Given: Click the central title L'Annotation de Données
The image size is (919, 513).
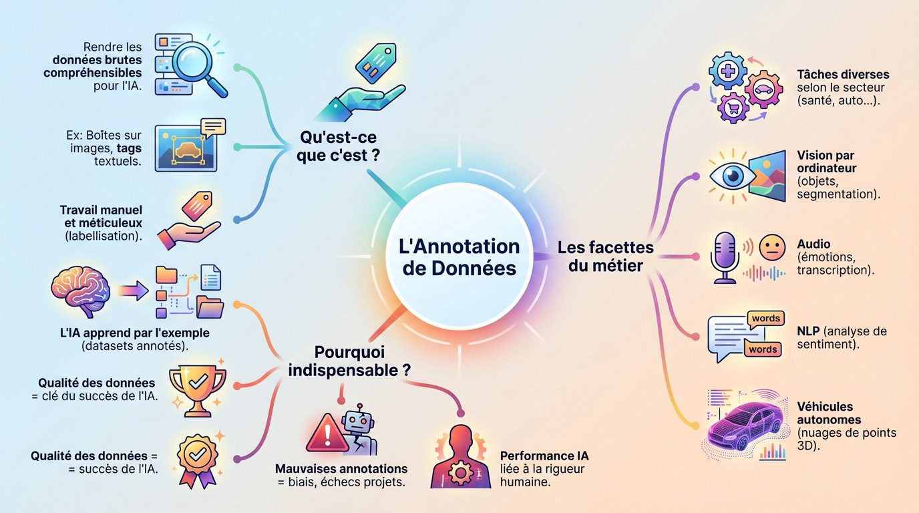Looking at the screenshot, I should pos(459,256).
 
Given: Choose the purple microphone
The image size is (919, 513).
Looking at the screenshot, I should pos(725,256).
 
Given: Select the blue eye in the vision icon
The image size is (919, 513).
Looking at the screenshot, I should pos(733,176).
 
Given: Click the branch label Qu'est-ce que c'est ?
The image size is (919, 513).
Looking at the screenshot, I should pos(338,146).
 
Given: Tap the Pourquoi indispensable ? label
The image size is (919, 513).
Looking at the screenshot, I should pos(349,361).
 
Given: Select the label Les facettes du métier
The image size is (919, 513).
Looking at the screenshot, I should pos(605,256).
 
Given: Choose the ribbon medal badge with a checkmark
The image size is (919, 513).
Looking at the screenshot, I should pos(197,457).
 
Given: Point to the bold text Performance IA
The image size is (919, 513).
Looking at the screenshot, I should pos(544,456).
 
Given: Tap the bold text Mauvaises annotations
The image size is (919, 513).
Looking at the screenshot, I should pos(341,469).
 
